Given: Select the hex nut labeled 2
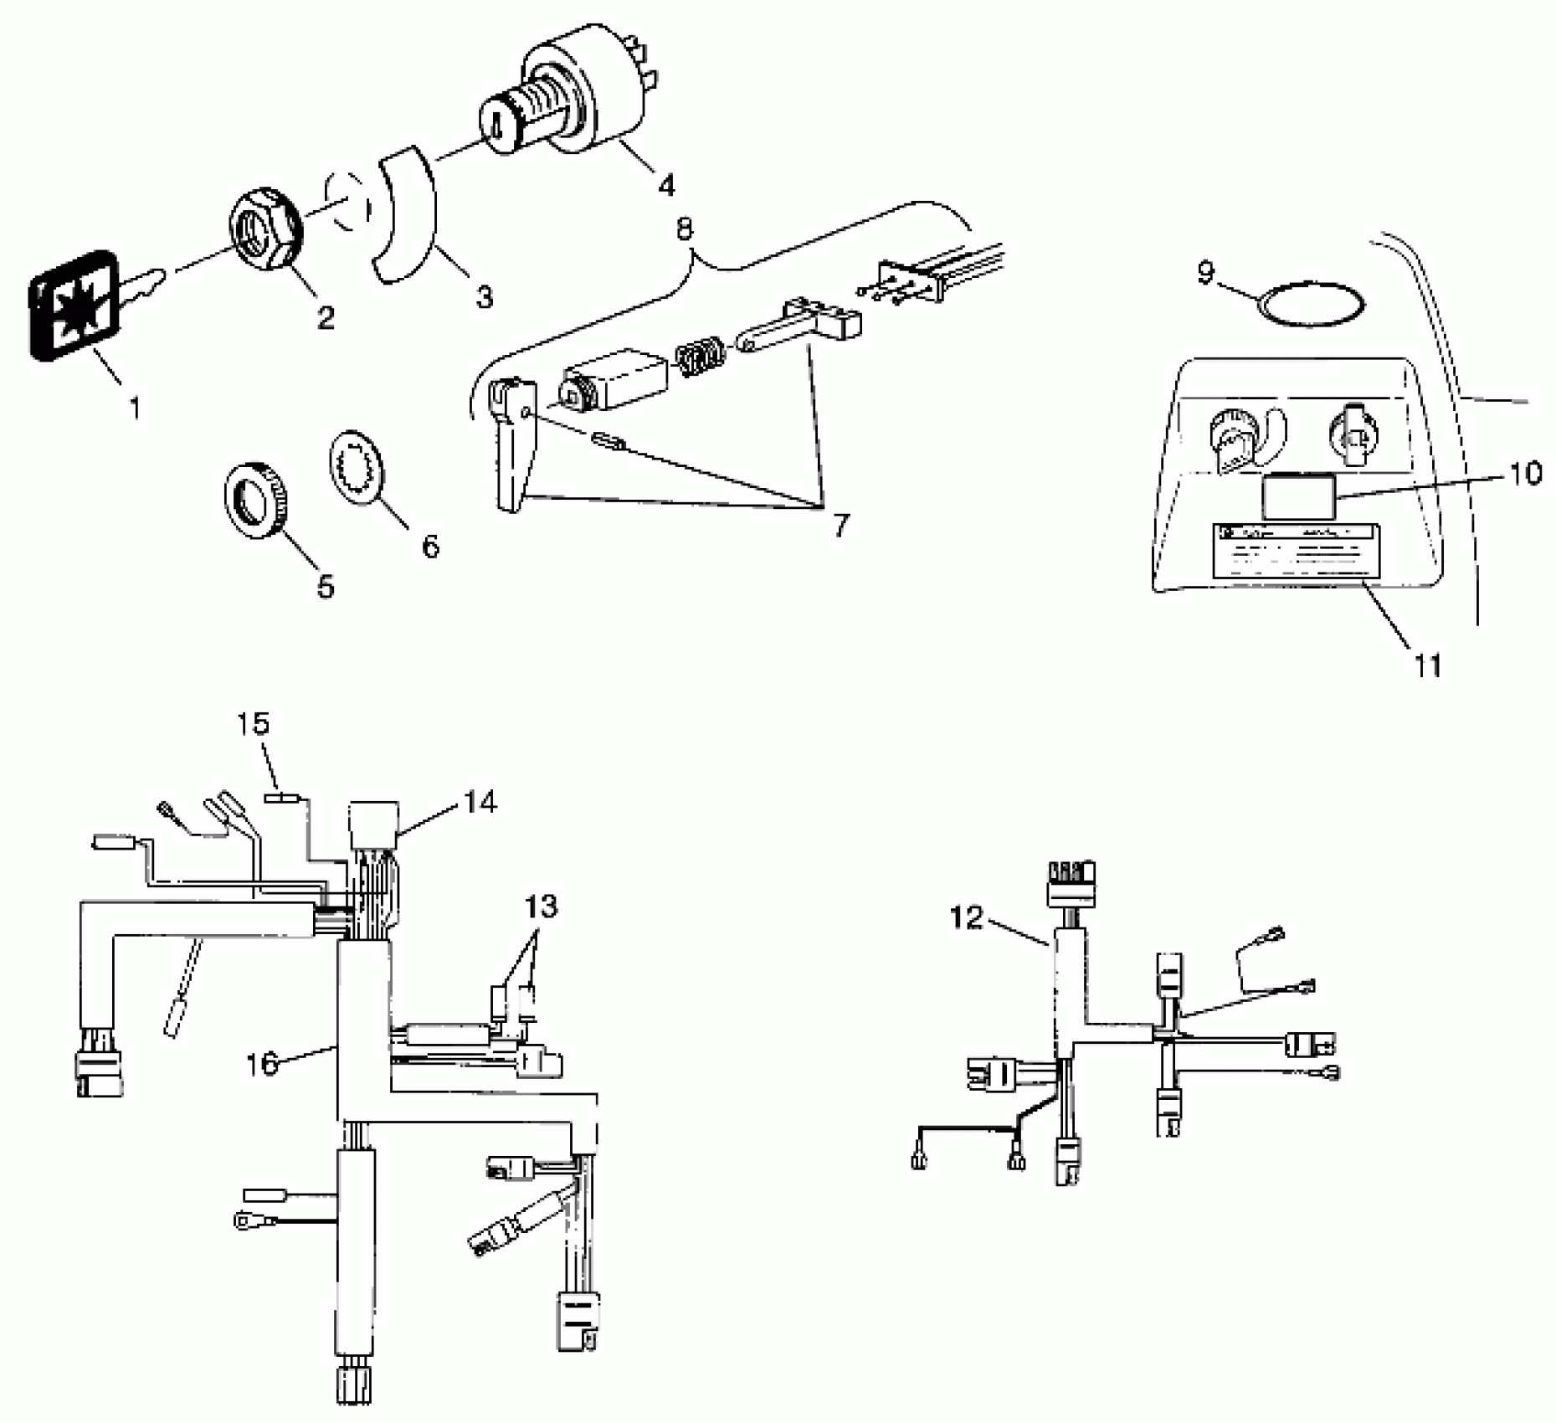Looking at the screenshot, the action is click(264, 229).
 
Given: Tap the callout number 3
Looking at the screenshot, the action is click(485, 296).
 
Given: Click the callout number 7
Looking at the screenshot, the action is click(840, 525).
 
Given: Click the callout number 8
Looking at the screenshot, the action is click(685, 229).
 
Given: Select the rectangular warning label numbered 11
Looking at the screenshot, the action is click(1296, 552).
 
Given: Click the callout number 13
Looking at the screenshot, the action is click(542, 907).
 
